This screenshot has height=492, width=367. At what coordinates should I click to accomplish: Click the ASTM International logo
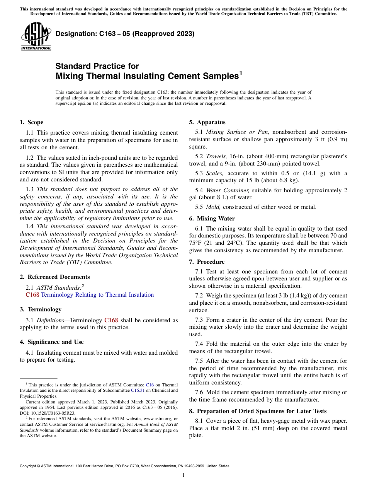tap(36, 36)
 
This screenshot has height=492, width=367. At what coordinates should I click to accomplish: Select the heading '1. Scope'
tap(31, 122)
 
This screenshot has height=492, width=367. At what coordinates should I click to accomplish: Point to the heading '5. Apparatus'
tap(207, 122)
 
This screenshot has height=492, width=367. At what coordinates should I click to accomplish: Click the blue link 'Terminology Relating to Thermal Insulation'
tap(97, 295)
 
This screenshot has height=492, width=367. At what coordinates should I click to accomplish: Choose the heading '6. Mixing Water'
tap(212, 219)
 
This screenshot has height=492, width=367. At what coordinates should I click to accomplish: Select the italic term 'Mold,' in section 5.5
tap(213, 207)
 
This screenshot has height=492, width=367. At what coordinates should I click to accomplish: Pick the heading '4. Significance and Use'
tap(52, 342)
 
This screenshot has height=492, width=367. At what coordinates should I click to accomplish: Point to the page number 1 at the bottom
tap(183, 475)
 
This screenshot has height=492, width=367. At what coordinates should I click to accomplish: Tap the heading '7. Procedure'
tap(207, 262)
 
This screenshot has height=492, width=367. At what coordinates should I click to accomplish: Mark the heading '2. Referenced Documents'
tap(55, 277)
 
